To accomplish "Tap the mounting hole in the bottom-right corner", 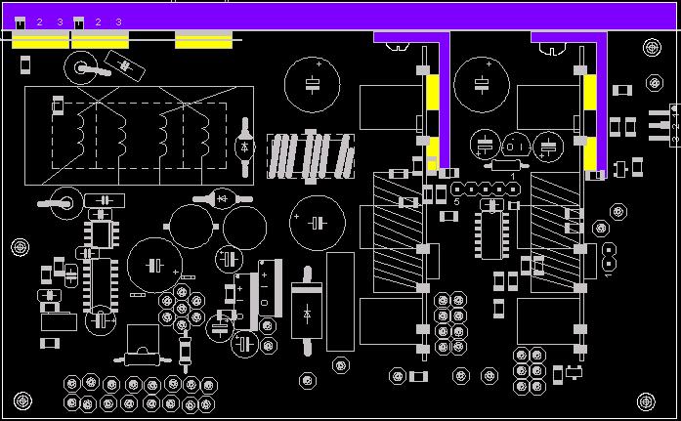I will [x=646, y=400].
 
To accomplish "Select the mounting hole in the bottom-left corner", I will [x=21, y=400].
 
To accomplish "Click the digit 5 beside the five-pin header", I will [x=456, y=201].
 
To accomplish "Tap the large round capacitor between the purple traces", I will [x=481, y=82].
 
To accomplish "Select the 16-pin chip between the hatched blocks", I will [x=491, y=233].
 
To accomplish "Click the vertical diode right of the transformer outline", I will [x=244, y=147].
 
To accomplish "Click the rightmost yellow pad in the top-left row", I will [x=203, y=41].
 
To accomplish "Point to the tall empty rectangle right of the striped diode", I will [x=340, y=302].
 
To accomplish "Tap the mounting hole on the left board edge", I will [x=20, y=246].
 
